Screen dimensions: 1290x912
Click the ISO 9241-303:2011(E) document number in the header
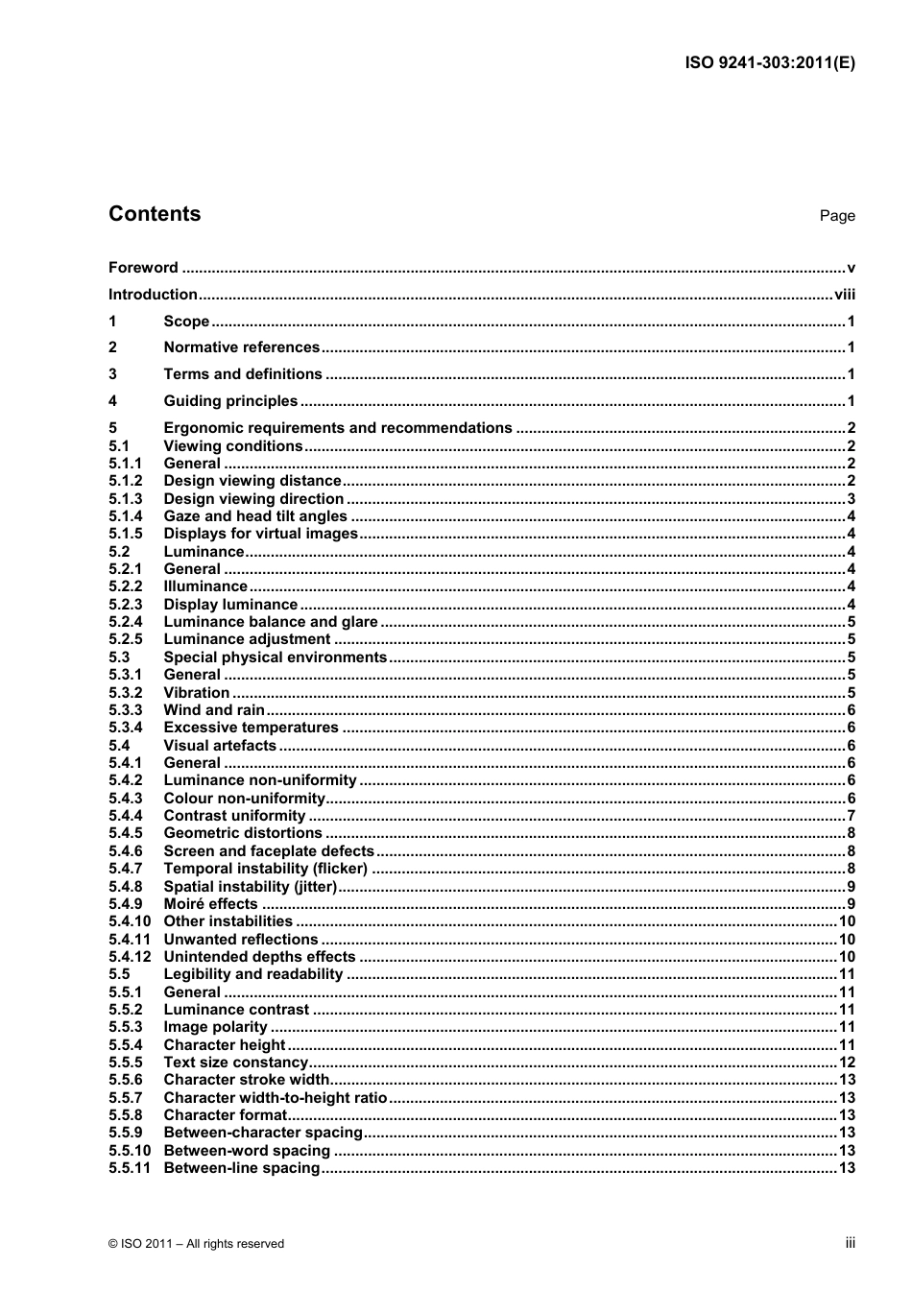coord(769,63)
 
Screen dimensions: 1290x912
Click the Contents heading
coord(155,214)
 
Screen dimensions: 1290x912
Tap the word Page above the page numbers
coord(836,216)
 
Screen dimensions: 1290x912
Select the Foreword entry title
coord(143,268)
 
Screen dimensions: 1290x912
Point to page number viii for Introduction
coord(844,295)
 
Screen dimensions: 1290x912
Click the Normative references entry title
coord(241,347)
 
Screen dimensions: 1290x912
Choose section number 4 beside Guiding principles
coord(112,401)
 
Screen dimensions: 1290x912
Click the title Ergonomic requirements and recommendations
coord(338,428)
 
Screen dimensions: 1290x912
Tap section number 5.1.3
coord(125,499)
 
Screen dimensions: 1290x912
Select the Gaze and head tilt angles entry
coord(255,516)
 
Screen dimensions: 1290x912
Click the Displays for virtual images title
coord(260,534)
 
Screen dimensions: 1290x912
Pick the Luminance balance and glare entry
coord(271,622)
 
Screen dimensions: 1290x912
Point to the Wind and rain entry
coord(214,710)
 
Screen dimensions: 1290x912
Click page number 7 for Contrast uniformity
coord(851,816)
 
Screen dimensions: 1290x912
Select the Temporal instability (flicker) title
coord(266,869)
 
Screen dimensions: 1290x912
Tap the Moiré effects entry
coord(210,904)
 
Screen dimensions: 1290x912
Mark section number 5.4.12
coord(130,957)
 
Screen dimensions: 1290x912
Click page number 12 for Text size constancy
coord(847,1063)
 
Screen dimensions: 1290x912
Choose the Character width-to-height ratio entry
coord(276,1098)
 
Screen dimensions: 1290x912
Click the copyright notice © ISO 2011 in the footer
coord(197,1244)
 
